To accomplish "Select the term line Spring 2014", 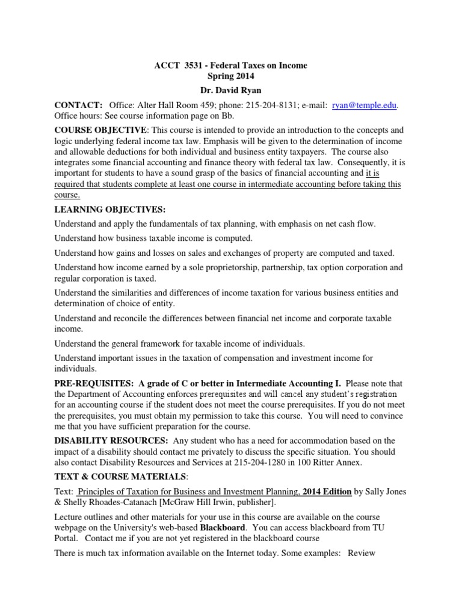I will (231, 76).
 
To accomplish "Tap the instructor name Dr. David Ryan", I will (231, 90).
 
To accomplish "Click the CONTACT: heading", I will (78, 105).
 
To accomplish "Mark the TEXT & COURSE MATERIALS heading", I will (120, 476).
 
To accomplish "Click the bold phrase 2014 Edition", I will (327, 491).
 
